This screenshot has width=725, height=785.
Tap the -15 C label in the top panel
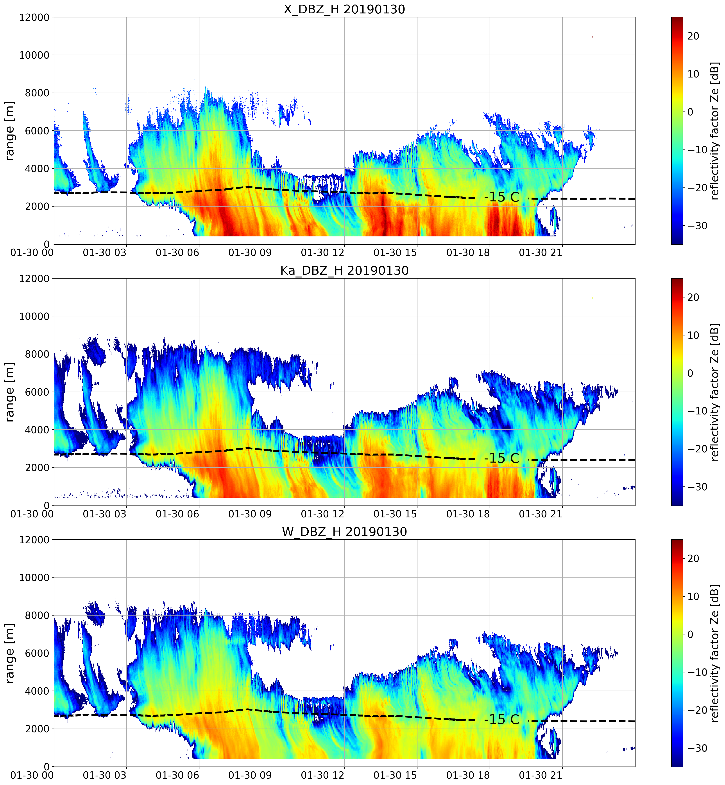(x=502, y=197)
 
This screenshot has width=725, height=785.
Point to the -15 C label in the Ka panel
(x=502, y=458)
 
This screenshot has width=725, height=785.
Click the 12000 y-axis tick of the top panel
(x=34, y=18)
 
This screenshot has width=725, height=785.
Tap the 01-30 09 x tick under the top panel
(x=250, y=253)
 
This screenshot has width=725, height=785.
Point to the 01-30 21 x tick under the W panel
(x=541, y=775)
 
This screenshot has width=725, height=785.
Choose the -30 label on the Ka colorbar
(x=697, y=487)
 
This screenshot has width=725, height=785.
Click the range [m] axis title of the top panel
(x=10, y=131)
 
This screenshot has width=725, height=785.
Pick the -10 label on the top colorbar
(x=697, y=150)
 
